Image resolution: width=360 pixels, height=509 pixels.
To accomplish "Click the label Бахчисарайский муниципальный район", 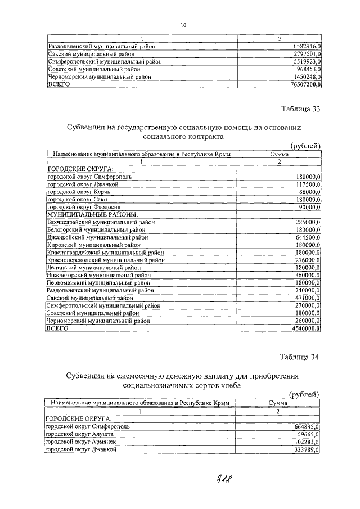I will (x=99, y=223).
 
